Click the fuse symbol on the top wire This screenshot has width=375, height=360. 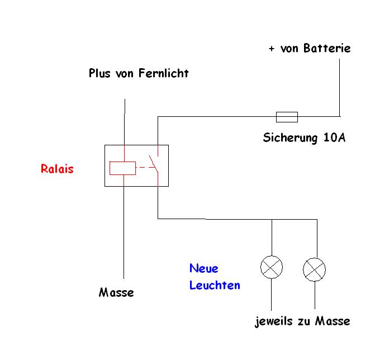[287, 117]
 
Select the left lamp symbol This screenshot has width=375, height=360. [272, 268]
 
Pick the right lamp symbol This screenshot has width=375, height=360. [314, 270]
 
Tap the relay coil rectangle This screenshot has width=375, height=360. [122, 167]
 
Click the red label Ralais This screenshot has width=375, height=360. [57, 169]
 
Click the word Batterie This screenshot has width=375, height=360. [327, 49]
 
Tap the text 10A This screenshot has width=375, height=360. [334, 138]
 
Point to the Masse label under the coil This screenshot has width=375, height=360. [116, 292]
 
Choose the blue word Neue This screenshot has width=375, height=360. [203, 268]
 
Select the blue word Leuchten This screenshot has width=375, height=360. [215, 285]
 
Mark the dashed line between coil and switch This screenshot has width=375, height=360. [144, 167]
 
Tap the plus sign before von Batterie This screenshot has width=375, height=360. [272, 49]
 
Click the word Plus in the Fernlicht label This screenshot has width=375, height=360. [100, 73]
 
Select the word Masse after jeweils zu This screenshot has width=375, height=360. [333, 321]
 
